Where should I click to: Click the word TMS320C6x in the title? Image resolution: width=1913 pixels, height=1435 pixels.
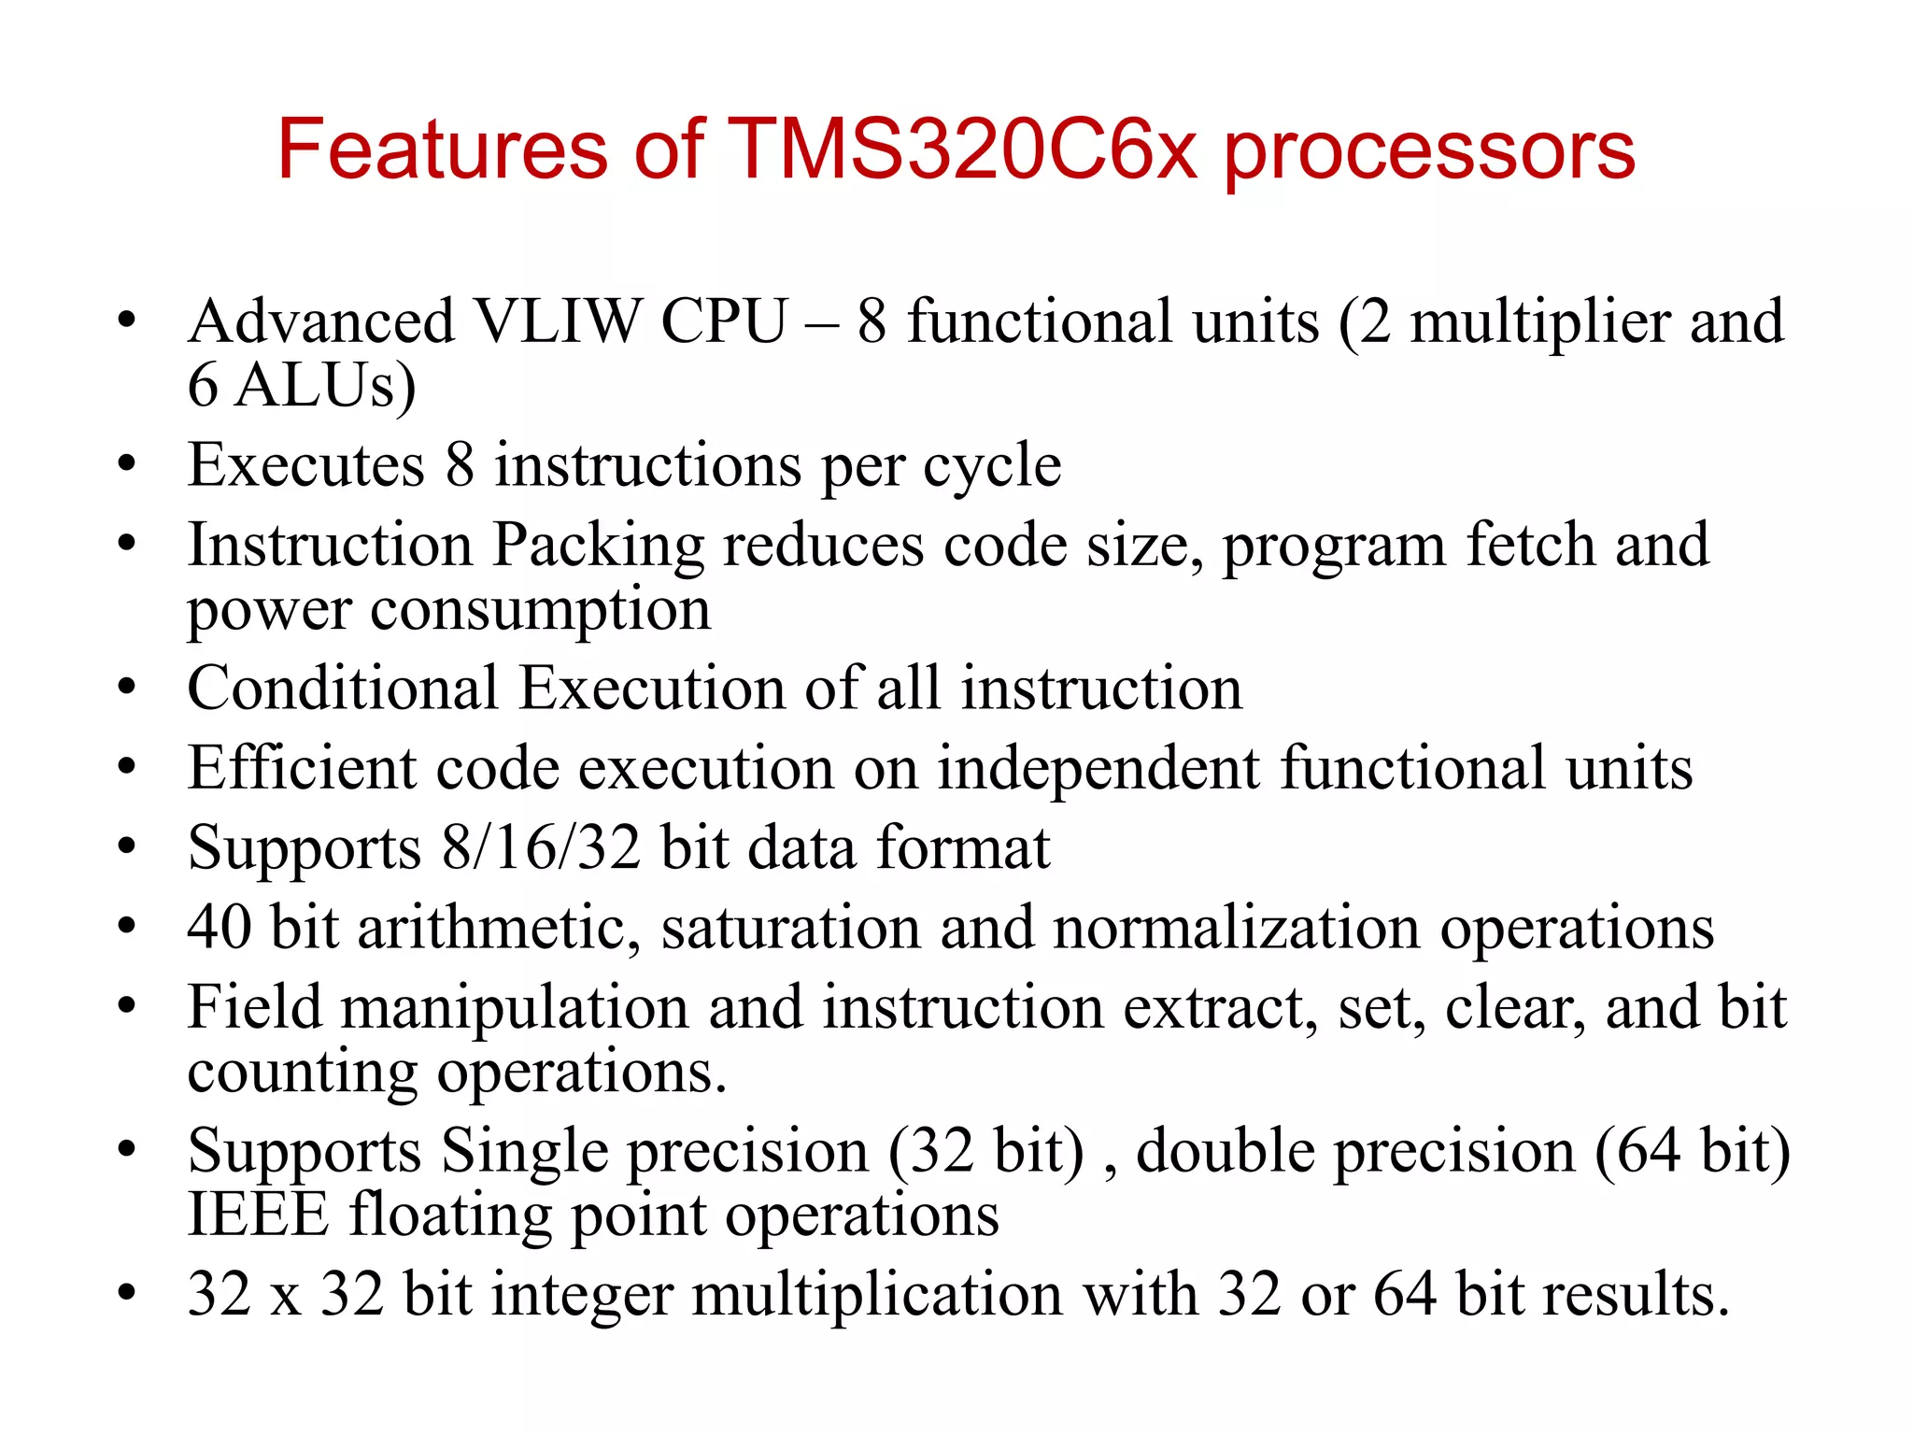(961, 149)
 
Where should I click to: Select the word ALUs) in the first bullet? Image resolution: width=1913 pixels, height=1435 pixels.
(325, 386)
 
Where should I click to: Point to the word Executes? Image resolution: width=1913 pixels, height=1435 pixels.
(305, 465)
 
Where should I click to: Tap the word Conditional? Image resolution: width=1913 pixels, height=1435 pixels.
(342, 689)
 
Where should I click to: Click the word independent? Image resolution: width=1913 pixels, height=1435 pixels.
(1098, 770)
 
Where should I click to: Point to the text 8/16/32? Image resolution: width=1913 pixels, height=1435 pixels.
(541, 848)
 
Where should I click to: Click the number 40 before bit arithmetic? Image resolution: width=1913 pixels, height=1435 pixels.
(220, 928)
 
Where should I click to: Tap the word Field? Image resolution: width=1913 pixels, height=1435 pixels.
(254, 1007)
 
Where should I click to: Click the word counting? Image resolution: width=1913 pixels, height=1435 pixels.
(302, 1073)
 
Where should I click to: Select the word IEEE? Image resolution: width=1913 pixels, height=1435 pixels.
(258, 1215)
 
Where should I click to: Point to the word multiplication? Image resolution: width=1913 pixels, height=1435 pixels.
(876, 1295)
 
